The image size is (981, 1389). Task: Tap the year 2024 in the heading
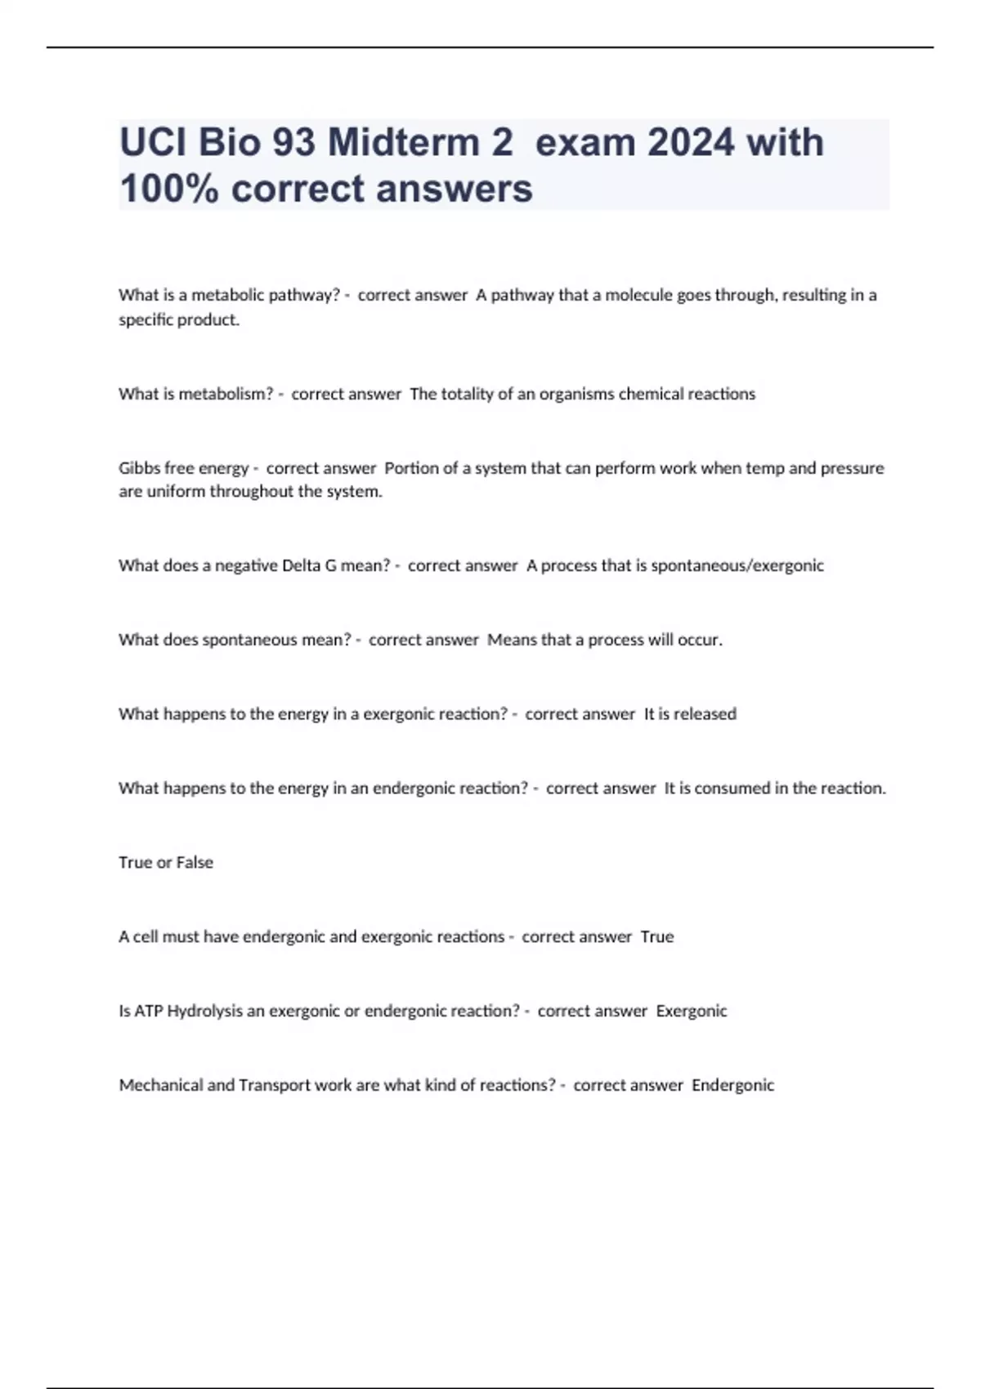point(691,143)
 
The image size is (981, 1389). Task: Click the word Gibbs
point(139,468)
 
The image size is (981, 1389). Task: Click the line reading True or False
point(166,863)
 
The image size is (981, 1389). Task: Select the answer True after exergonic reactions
point(657,937)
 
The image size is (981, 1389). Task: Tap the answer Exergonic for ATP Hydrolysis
point(692,1012)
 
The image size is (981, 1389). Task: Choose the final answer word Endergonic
point(732,1086)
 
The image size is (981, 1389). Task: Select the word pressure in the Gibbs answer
point(853,468)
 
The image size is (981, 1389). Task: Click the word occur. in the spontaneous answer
point(701,640)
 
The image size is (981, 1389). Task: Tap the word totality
point(467,394)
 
